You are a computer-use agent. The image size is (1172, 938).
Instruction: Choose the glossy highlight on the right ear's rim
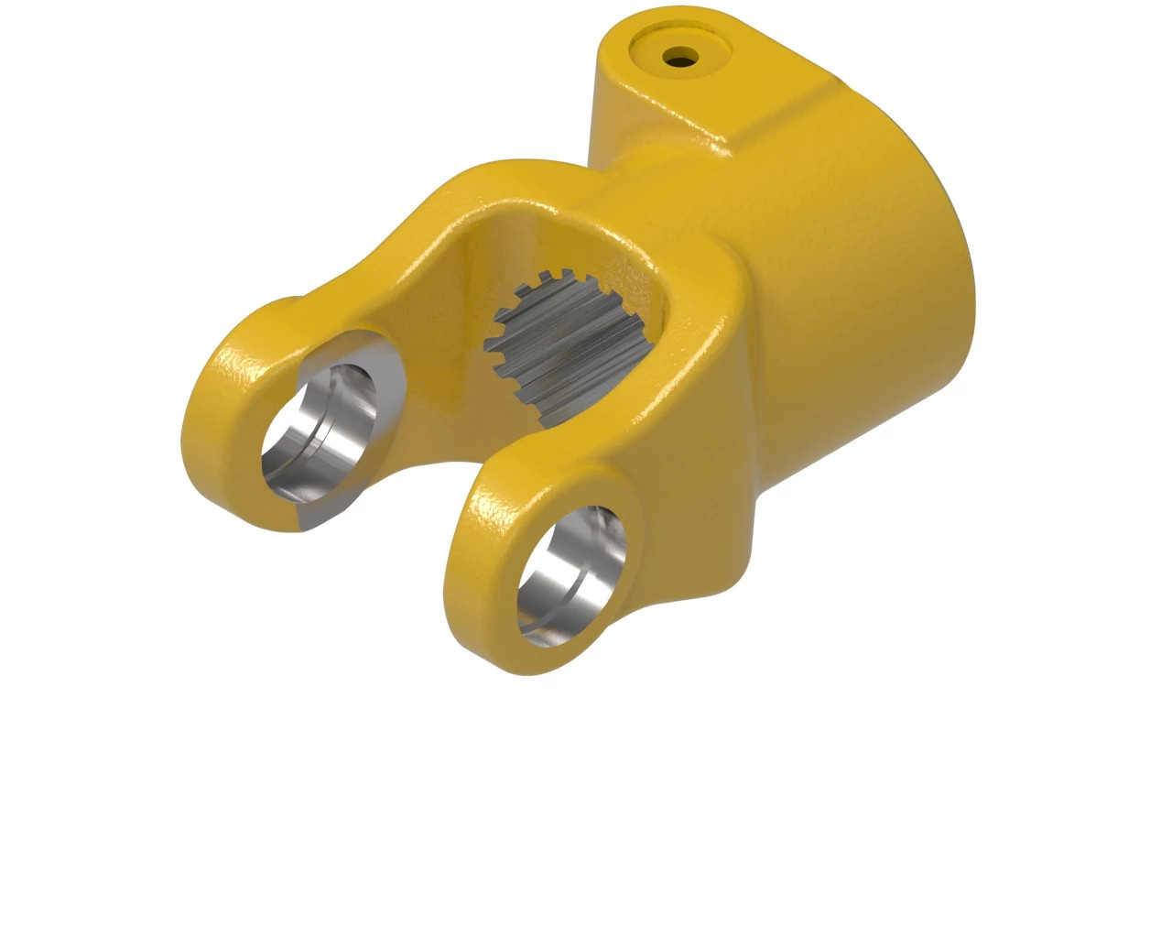pos(476,513)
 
